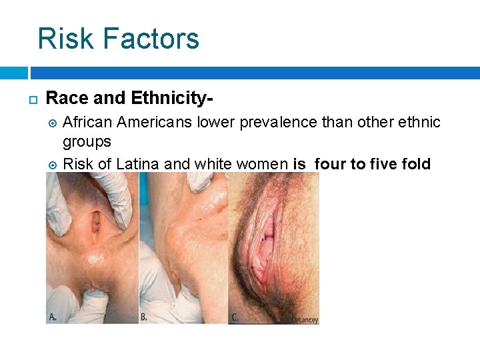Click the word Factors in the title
click(x=149, y=38)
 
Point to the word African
click(x=89, y=122)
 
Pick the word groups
click(x=87, y=142)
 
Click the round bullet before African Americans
click(x=53, y=123)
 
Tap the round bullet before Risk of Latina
click(x=53, y=163)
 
